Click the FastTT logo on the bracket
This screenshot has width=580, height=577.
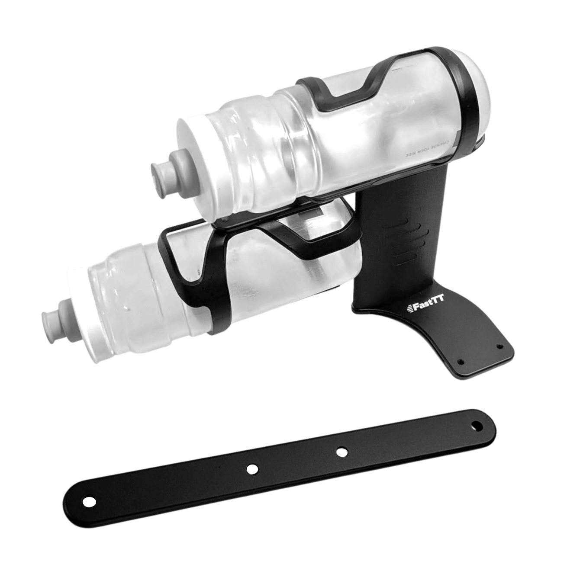tap(426, 307)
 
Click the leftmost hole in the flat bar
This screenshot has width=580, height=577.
tap(89, 502)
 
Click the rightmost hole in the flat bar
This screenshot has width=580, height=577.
tap(477, 426)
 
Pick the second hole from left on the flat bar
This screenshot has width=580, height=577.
tap(252, 469)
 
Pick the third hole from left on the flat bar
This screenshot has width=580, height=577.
tap(342, 452)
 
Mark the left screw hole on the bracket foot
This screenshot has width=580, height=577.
tap(461, 362)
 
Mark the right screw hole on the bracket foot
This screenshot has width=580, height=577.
tap(499, 347)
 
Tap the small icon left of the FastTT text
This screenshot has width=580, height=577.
tap(409, 308)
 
